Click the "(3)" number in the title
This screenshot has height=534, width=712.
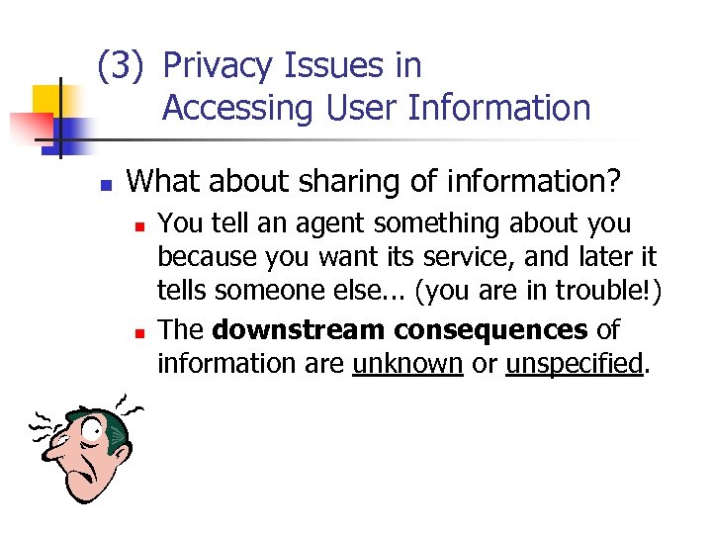pos(121,66)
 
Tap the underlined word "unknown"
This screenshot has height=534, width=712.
pos(407,363)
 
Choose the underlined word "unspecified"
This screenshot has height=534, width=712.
pos(574,363)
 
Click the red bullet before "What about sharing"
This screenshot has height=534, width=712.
pos(106,184)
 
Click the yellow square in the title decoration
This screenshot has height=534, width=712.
pos(47,100)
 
